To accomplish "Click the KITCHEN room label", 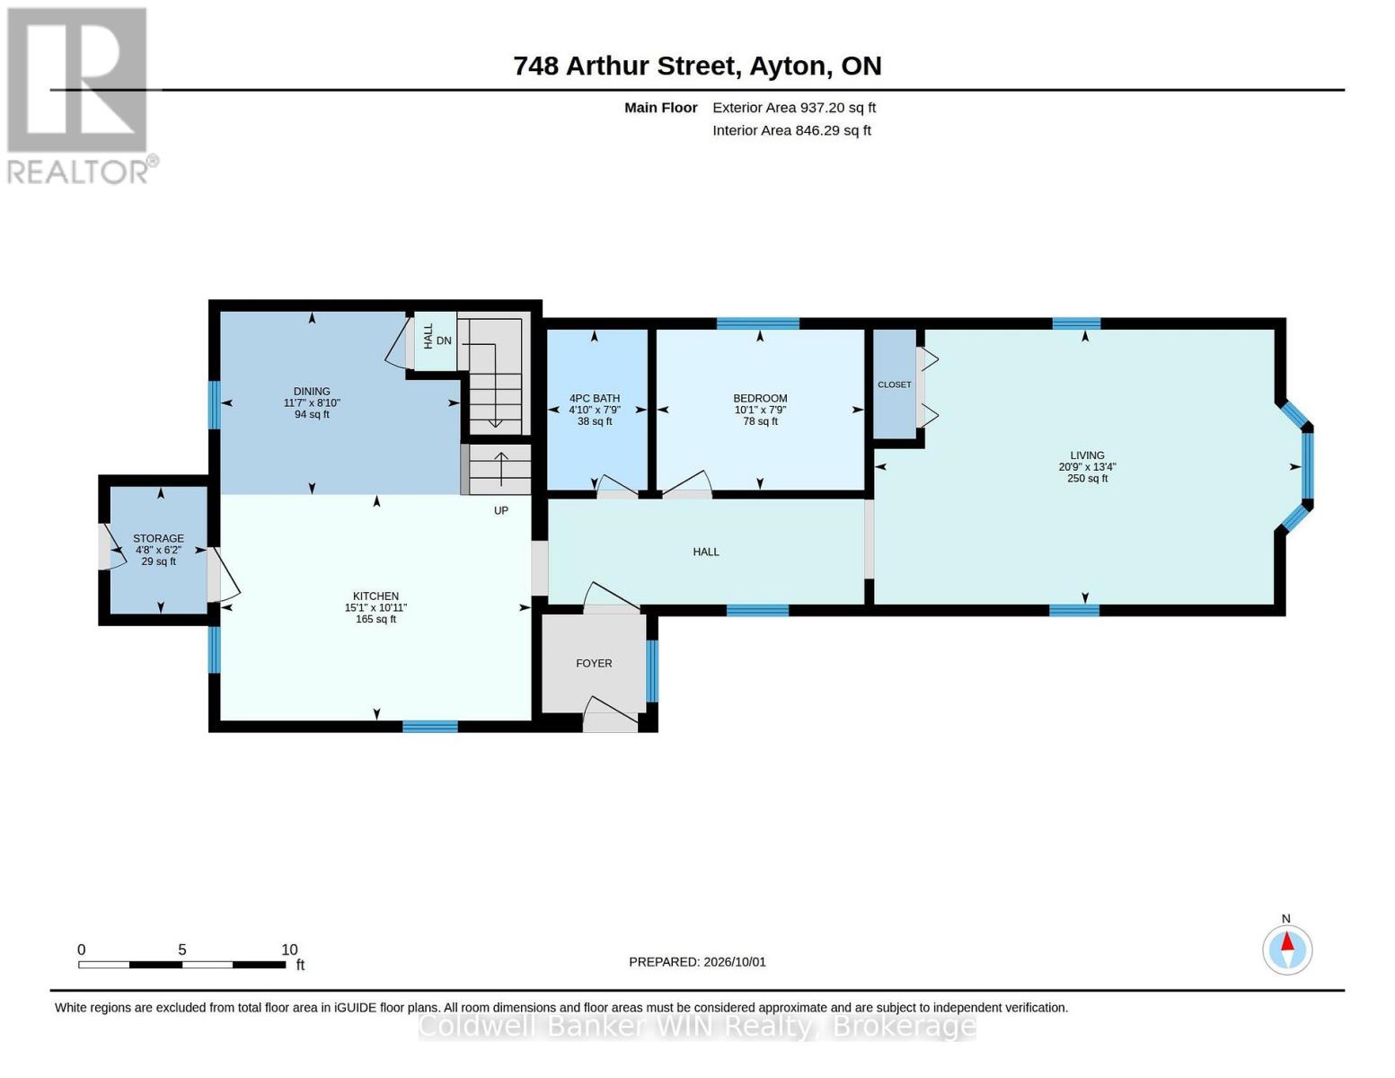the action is [375, 596].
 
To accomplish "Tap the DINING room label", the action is [312, 391].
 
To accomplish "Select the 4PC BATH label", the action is [595, 398].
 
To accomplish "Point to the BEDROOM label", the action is [760, 398].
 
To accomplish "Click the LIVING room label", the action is [1088, 455].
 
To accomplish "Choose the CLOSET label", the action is [895, 384].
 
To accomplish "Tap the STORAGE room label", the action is [159, 538].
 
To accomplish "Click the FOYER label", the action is [594, 663].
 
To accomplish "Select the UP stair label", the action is [501, 510].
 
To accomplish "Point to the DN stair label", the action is [445, 340].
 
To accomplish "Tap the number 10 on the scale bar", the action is [289, 950].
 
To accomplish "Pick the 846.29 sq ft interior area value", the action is [834, 130].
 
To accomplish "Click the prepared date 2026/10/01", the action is [735, 962].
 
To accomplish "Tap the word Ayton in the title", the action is [788, 66].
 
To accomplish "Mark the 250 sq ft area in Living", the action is [1088, 478].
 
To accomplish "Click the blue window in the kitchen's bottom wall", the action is [430, 726].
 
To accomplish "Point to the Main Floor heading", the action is [660, 108].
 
